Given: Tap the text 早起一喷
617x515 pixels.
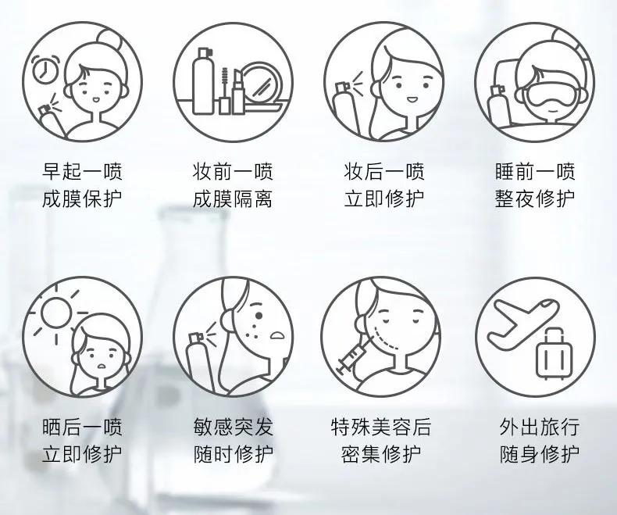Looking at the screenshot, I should click(x=82, y=171).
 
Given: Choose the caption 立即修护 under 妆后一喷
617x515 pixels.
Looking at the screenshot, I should click(x=384, y=198).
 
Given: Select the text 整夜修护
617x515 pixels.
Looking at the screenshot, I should click(x=535, y=198).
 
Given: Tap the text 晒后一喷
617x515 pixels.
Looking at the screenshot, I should click(x=82, y=427).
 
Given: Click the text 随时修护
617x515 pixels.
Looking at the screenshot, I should click(x=233, y=454).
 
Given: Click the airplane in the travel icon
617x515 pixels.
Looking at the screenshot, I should click(x=523, y=324).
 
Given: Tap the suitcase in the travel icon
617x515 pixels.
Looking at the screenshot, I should click(x=554, y=355).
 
